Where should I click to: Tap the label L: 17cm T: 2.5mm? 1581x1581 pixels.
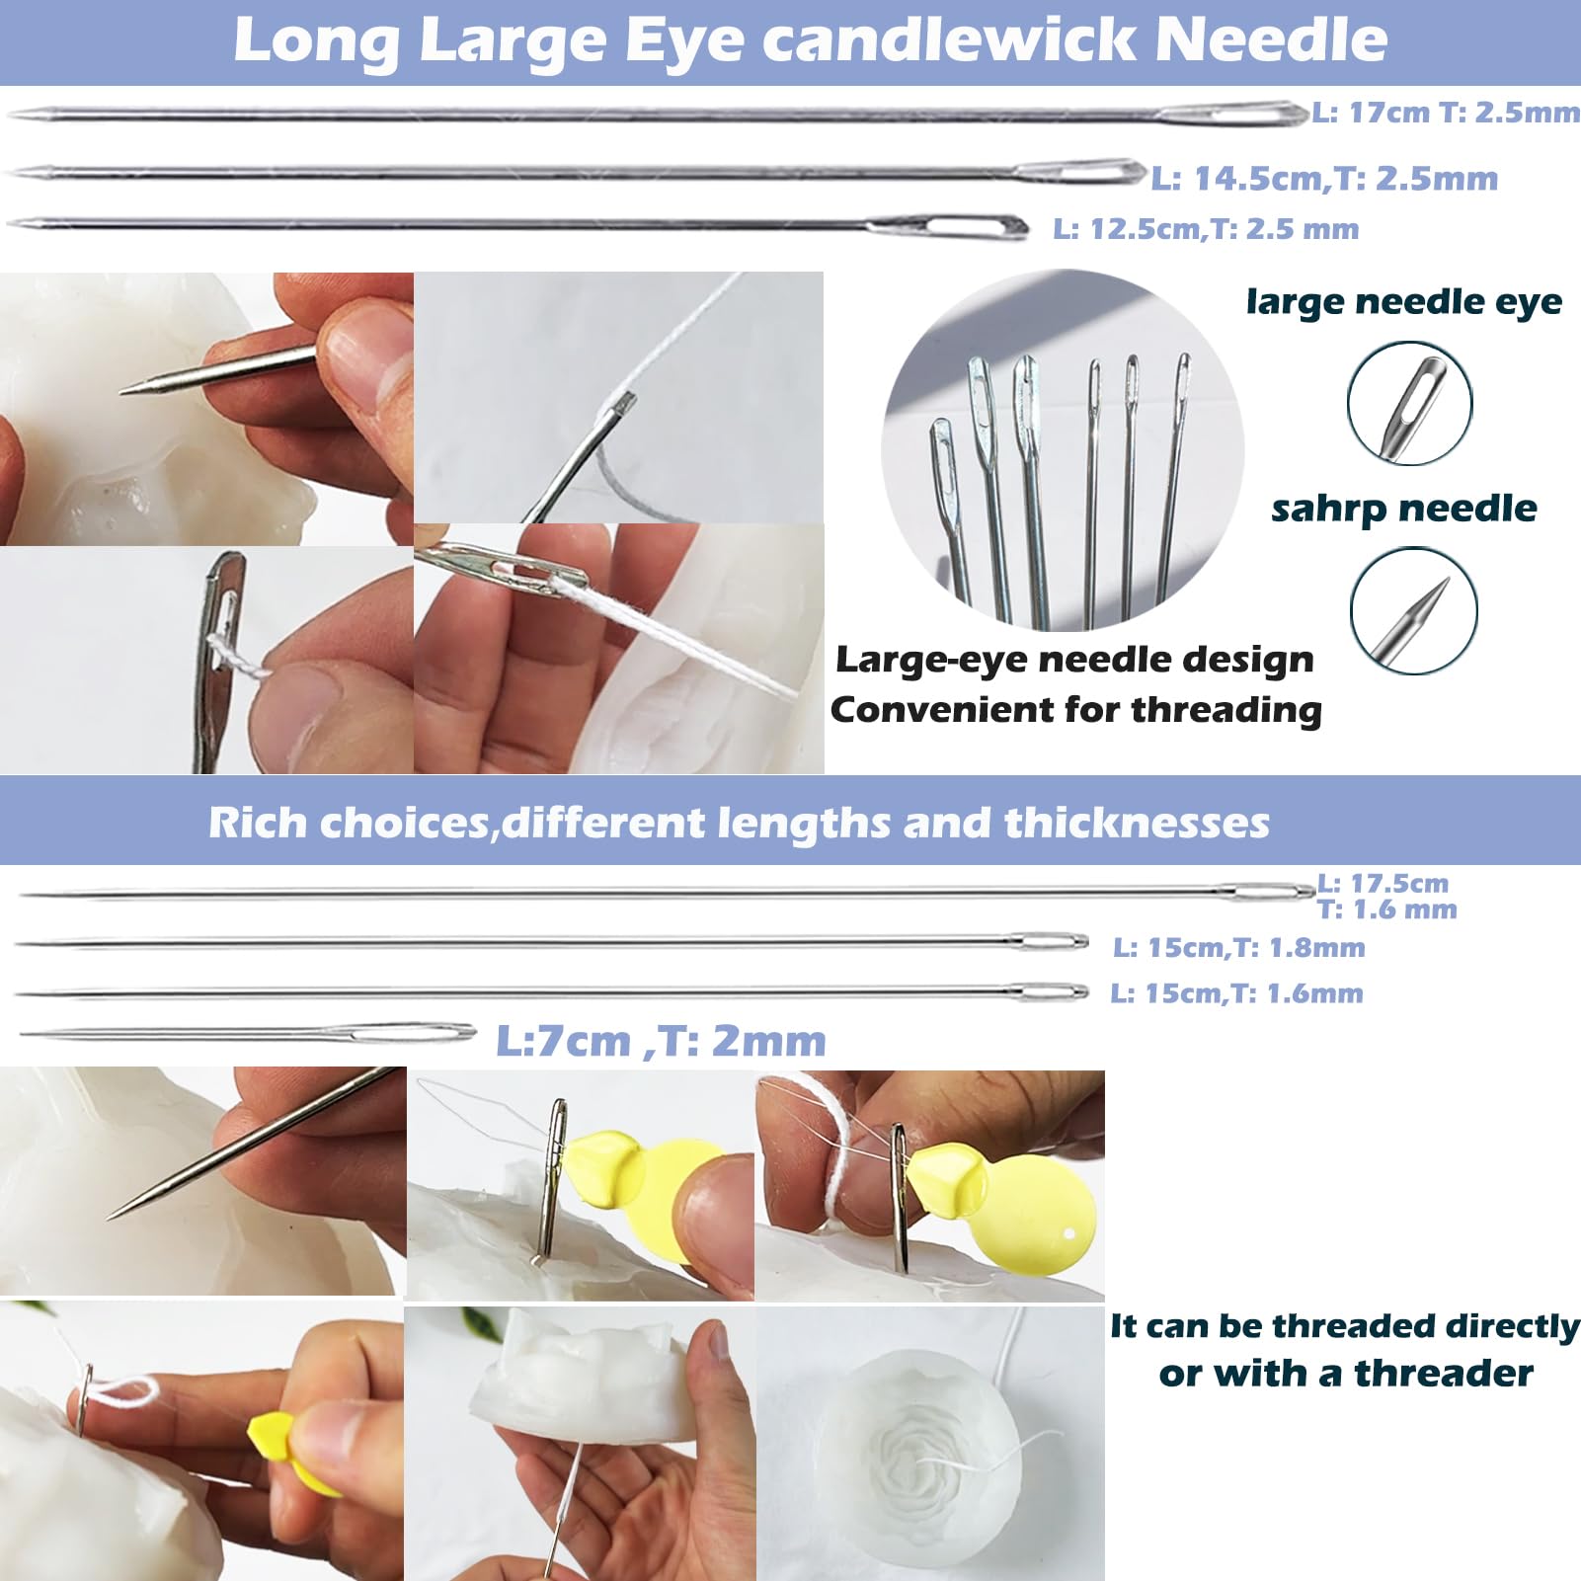coord(1446,113)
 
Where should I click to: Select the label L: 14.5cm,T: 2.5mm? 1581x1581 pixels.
coord(1325,179)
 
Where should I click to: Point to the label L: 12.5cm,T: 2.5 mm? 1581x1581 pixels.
coord(1206,229)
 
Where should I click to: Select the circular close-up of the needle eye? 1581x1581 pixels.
coord(1409,403)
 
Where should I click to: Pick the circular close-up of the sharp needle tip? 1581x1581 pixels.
coord(1413,610)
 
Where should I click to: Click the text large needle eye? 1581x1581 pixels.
coord(1404,301)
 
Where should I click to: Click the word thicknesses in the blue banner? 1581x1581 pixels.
coord(1137,823)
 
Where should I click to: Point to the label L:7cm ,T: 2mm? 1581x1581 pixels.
coord(661,1040)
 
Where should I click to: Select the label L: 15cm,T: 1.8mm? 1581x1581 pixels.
coord(1239,948)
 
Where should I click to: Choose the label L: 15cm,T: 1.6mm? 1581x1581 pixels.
coord(1236,993)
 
